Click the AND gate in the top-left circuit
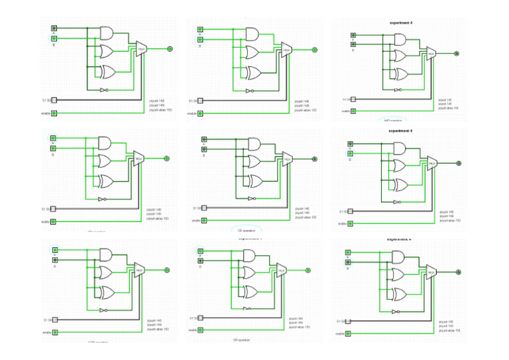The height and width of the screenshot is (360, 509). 107,32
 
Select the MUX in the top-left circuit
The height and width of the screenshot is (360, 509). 141,49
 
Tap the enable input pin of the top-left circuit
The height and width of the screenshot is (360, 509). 54,113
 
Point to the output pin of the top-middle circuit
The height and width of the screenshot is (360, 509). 315,49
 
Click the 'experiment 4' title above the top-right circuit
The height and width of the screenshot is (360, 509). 400,23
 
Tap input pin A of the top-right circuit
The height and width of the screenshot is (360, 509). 353,36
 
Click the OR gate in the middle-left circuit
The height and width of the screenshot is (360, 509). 105,160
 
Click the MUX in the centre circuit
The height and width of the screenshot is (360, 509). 287,159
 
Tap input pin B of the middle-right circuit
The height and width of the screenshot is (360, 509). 351,154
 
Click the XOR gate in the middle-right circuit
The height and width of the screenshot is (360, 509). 400,184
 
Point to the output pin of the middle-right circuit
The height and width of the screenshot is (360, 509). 458,162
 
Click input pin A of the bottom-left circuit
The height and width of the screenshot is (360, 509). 54,251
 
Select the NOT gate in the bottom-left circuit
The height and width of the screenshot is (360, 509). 103,310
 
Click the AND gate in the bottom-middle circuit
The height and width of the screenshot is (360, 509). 251,255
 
